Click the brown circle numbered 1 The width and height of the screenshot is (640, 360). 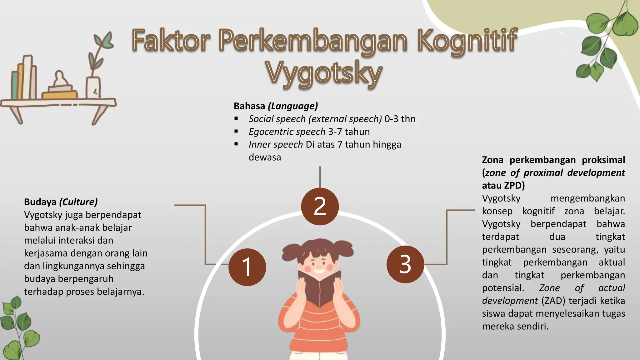[x=247, y=267]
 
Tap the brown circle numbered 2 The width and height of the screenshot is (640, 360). [x=320, y=206]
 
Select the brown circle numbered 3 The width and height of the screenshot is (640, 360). [x=405, y=264]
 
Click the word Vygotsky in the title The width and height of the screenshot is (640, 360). [x=324, y=74]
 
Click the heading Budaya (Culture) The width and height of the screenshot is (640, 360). [x=61, y=202]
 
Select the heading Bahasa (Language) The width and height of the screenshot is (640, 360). [x=276, y=106]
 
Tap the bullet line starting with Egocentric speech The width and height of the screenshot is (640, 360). [x=309, y=132]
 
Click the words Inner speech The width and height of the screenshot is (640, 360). [x=276, y=144]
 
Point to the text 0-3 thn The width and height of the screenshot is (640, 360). [x=400, y=119]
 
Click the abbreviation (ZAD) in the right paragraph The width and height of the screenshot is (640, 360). [x=553, y=301]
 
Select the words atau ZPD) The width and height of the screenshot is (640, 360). [x=503, y=186]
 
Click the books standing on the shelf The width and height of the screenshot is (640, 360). [x=24, y=78]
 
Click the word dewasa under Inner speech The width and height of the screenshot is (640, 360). [x=265, y=157]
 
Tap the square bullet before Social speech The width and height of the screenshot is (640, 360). [x=236, y=119]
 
